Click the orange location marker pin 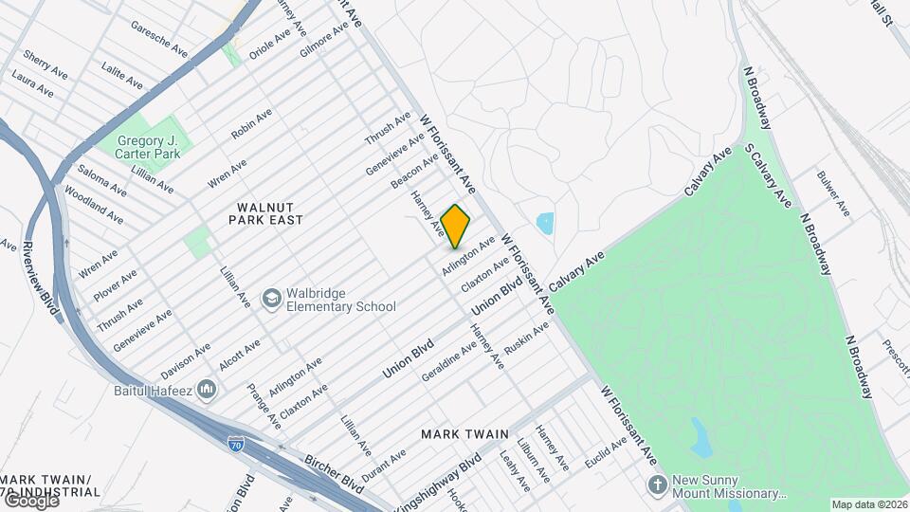pyautogui.click(x=456, y=226)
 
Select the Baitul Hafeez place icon pyautogui.click(x=209, y=390)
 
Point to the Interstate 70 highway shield pyautogui.click(x=236, y=443)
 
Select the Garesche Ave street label pyautogui.click(x=159, y=40)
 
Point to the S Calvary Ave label pyautogui.click(x=768, y=175)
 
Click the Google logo pyautogui.click(x=30, y=501)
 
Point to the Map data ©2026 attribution pyautogui.click(x=869, y=504)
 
